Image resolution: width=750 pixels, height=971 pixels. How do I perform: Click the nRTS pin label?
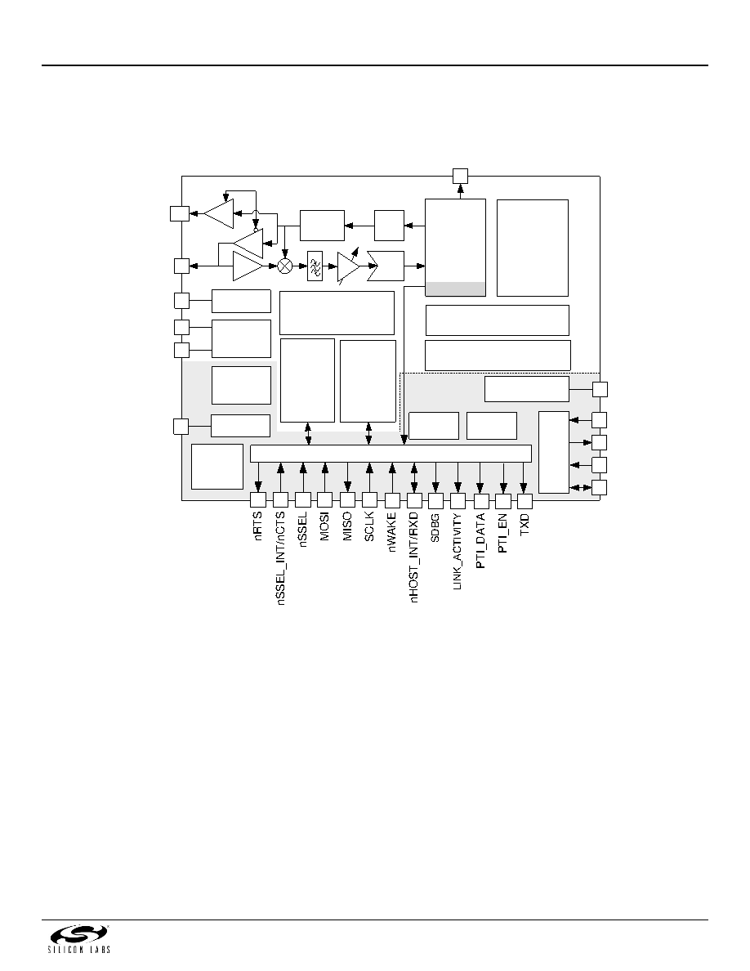tap(258, 526)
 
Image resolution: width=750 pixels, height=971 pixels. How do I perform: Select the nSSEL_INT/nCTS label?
tap(280, 557)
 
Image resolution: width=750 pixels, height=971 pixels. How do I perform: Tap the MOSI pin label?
tap(325, 526)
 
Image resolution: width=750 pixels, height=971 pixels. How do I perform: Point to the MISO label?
tap(347, 526)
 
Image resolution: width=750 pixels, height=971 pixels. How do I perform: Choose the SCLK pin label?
tap(369, 526)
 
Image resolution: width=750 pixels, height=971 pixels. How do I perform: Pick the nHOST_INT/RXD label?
tap(414, 557)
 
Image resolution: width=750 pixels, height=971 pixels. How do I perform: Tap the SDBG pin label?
tap(435, 528)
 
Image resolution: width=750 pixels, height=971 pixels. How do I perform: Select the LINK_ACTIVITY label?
tap(458, 551)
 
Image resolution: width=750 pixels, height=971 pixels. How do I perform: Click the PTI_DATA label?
tap(480, 540)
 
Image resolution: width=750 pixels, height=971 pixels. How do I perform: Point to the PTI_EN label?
tap(502, 533)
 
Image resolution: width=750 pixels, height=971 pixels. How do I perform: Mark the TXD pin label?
tap(525, 524)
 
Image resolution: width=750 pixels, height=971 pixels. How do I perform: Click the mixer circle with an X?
tap(284, 266)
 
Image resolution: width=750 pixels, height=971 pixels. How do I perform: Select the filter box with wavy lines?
tap(315, 266)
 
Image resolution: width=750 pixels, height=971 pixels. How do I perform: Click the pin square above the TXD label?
tap(525, 501)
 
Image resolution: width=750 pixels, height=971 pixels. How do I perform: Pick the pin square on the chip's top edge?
tap(460, 176)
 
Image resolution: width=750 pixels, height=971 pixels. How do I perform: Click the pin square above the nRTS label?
tap(258, 499)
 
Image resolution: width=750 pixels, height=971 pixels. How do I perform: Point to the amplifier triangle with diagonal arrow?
tap(349, 266)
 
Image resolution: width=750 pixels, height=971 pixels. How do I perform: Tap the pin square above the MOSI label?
tap(325, 499)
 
